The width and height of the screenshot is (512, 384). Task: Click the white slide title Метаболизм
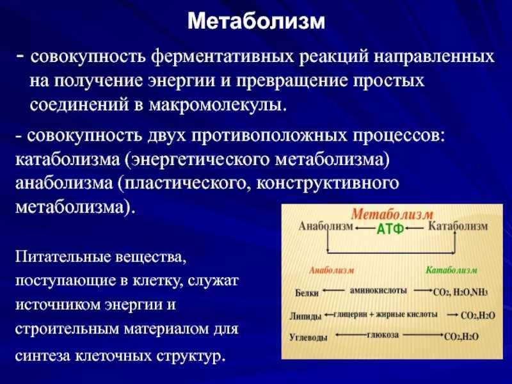click(x=257, y=22)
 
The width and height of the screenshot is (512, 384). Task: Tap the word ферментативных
click(x=223, y=56)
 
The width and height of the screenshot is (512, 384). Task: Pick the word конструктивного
click(x=328, y=184)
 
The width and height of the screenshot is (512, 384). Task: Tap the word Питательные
click(x=61, y=257)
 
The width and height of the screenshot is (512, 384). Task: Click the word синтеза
click(x=43, y=355)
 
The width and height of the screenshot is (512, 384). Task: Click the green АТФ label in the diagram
click(x=390, y=229)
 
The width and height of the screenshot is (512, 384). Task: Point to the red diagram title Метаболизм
click(x=392, y=214)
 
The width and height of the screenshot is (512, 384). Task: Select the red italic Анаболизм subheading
click(x=332, y=270)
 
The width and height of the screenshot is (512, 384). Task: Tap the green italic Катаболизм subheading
click(x=452, y=270)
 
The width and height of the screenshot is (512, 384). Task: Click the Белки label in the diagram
click(x=307, y=293)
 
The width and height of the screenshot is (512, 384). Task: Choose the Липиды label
click(x=306, y=316)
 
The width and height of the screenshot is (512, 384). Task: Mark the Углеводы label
click(x=308, y=337)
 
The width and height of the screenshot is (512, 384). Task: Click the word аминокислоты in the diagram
click(x=378, y=291)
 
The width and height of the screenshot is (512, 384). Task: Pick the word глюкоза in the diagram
click(x=383, y=335)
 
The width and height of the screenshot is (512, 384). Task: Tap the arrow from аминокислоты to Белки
click(x=333, y=291)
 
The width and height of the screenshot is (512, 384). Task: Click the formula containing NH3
click(x=460, y=292)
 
